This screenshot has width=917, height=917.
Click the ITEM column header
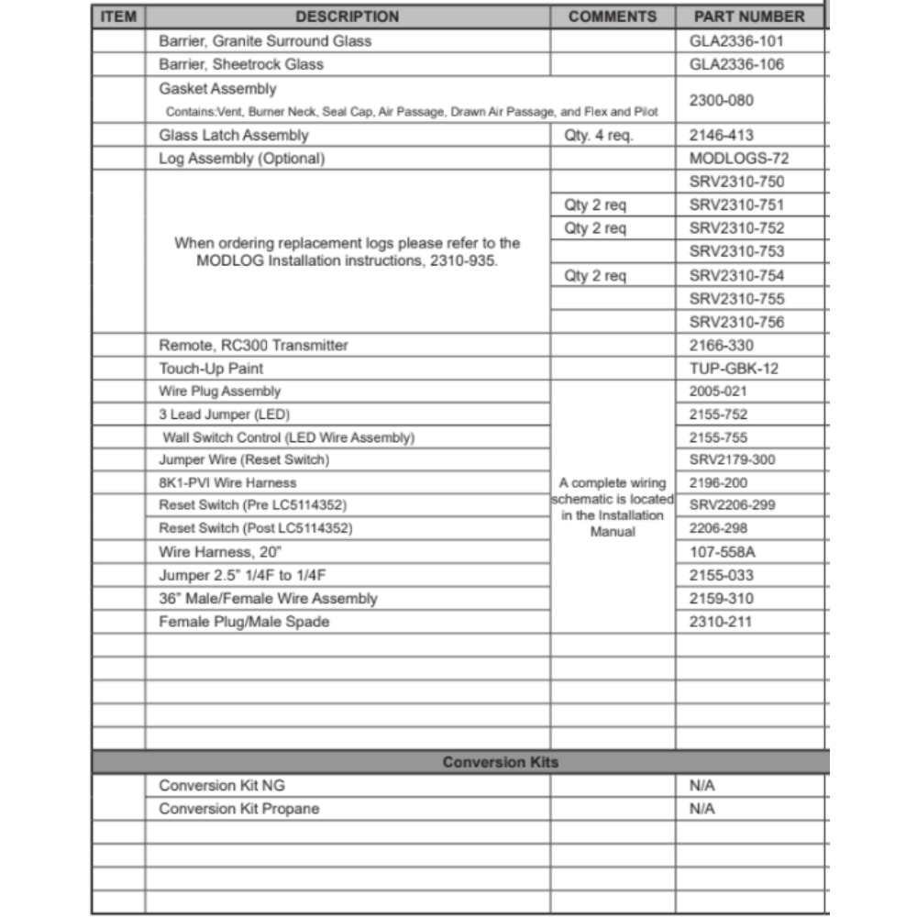(117, 17)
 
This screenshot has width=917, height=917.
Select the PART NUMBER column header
(749, 17)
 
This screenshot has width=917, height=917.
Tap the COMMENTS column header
(613, 17)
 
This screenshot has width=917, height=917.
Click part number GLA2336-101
(736, 41)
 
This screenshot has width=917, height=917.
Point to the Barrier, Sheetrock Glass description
(241, 65)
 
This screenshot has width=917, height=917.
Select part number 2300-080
(722, 100)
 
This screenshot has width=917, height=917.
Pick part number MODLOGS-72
(739, 159)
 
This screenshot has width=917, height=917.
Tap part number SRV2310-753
(737, 251)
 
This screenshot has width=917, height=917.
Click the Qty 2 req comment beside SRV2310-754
(595, 276)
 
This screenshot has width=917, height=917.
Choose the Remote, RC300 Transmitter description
(253, 346)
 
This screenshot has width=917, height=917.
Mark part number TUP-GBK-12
(734, 369)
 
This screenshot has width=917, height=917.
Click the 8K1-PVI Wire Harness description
(227, 482)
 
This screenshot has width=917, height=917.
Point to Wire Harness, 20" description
(219, 552)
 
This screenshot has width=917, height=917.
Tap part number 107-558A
(722, 552)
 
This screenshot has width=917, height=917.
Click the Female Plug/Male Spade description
(244, 622)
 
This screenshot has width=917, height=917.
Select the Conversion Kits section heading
(500, 763)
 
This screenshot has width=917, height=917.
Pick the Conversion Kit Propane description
(239, 809)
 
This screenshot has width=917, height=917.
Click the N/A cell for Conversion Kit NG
(702, 786)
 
